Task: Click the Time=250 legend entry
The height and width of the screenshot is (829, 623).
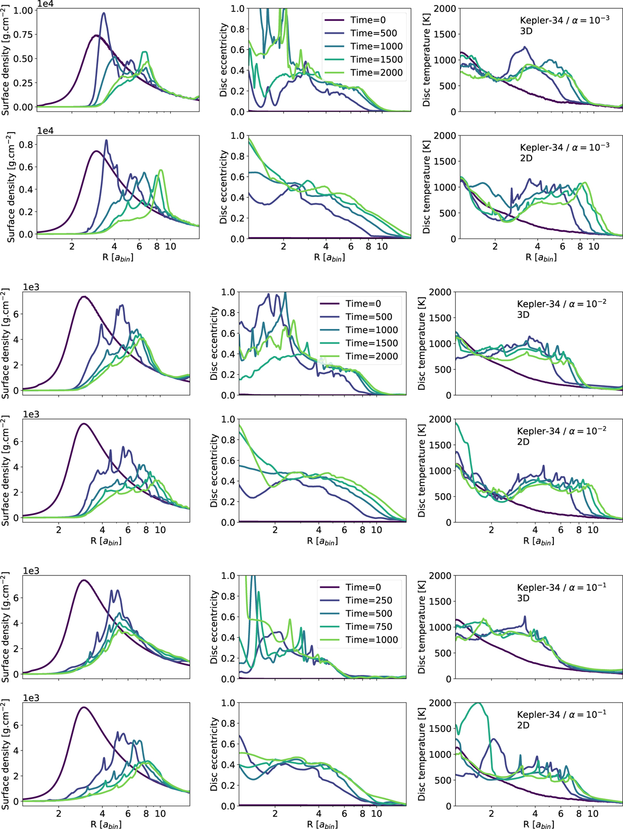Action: point(369,600)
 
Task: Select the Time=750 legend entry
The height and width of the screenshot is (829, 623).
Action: point(369,627)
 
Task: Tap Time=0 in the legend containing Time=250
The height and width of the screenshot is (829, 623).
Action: point(363,587)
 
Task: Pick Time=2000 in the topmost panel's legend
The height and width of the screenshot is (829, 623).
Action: point(376,73)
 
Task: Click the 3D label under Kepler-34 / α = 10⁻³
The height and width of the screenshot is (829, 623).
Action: point(526,31)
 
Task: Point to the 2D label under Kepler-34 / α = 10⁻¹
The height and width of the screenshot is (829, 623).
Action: point(523,725)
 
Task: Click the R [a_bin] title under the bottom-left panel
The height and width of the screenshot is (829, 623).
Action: point(106,824)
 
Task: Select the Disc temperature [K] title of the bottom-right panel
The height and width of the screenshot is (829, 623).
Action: point(422,754)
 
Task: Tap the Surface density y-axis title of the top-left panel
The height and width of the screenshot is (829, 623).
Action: point(6,58)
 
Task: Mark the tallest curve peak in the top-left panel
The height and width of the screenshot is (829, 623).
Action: point(103,14)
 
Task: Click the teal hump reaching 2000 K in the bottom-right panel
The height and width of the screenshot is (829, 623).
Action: point(478,704)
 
